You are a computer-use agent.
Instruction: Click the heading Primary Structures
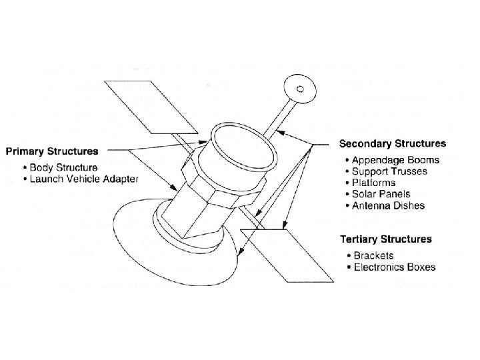[x=53, y=151]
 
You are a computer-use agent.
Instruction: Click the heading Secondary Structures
[x=393, y=143]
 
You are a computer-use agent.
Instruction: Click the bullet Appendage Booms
[x=397, y=160]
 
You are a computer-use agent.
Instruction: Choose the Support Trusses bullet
[x=394, y=171]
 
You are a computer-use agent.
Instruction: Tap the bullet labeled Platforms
[x=378, y=183]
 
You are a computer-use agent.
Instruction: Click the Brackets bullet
[x=374, y=255]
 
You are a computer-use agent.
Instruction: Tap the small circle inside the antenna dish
[x=301, y=87]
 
